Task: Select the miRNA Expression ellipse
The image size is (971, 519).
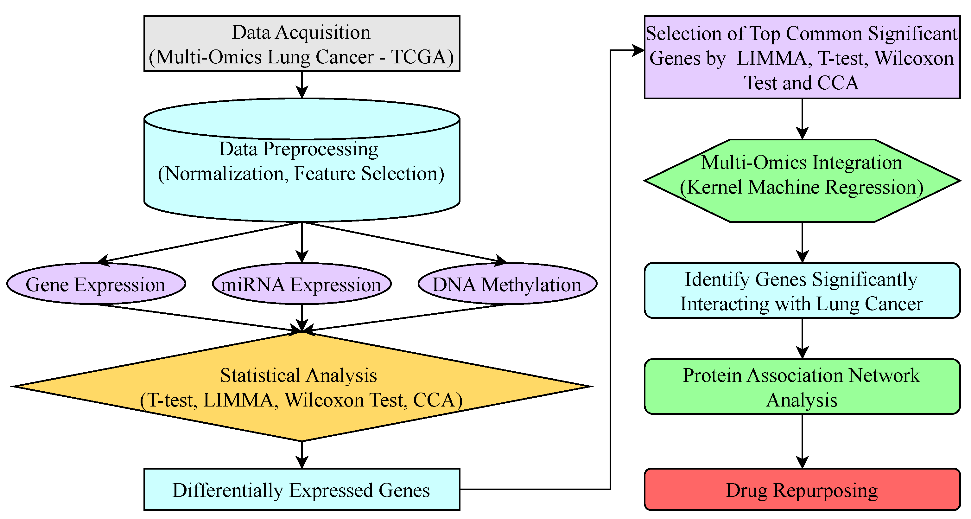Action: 301,284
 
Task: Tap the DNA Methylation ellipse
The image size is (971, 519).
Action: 507,284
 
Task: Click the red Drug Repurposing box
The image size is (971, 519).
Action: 802,490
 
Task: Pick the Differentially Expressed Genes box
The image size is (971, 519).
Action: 301,490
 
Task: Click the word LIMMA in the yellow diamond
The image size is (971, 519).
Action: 238,400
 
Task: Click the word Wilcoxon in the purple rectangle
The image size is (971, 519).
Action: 914,59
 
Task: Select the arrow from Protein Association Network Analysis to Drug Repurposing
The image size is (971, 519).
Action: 802,441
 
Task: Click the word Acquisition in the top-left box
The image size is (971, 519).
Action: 323,32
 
